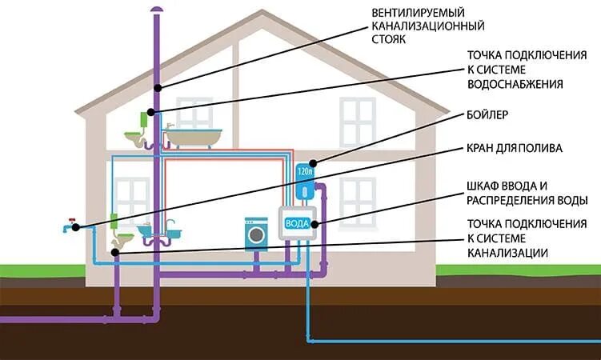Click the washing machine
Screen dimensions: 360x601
[x=256, y=232]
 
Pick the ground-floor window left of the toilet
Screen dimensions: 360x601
[x=127, y=195]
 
